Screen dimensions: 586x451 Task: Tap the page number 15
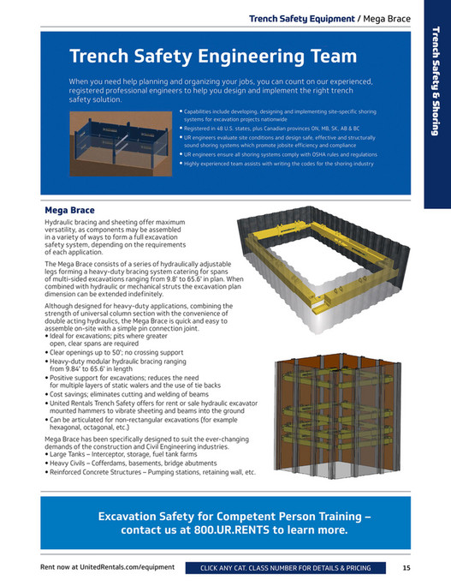coord(407,568)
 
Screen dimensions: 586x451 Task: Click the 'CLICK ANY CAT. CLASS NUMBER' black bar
coord(285,568)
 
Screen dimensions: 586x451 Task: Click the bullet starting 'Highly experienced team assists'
coord(279,163)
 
